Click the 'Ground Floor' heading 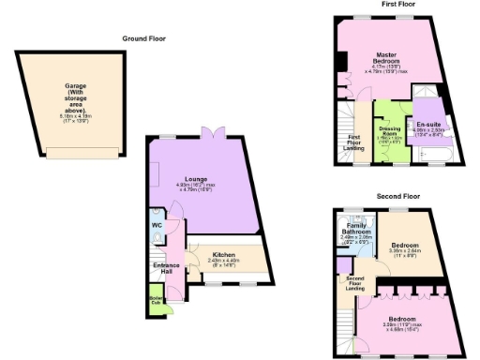point(142,38)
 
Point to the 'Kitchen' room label point(223,254)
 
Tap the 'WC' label point(156,225)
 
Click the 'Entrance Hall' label point(165,267)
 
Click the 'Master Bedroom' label point(382,60)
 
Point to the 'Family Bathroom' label point(353,229)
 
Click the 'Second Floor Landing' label point(354,282)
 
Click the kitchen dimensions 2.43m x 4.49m point(223,263)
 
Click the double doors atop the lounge point(214,137)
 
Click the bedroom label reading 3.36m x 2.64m point(404,249)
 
